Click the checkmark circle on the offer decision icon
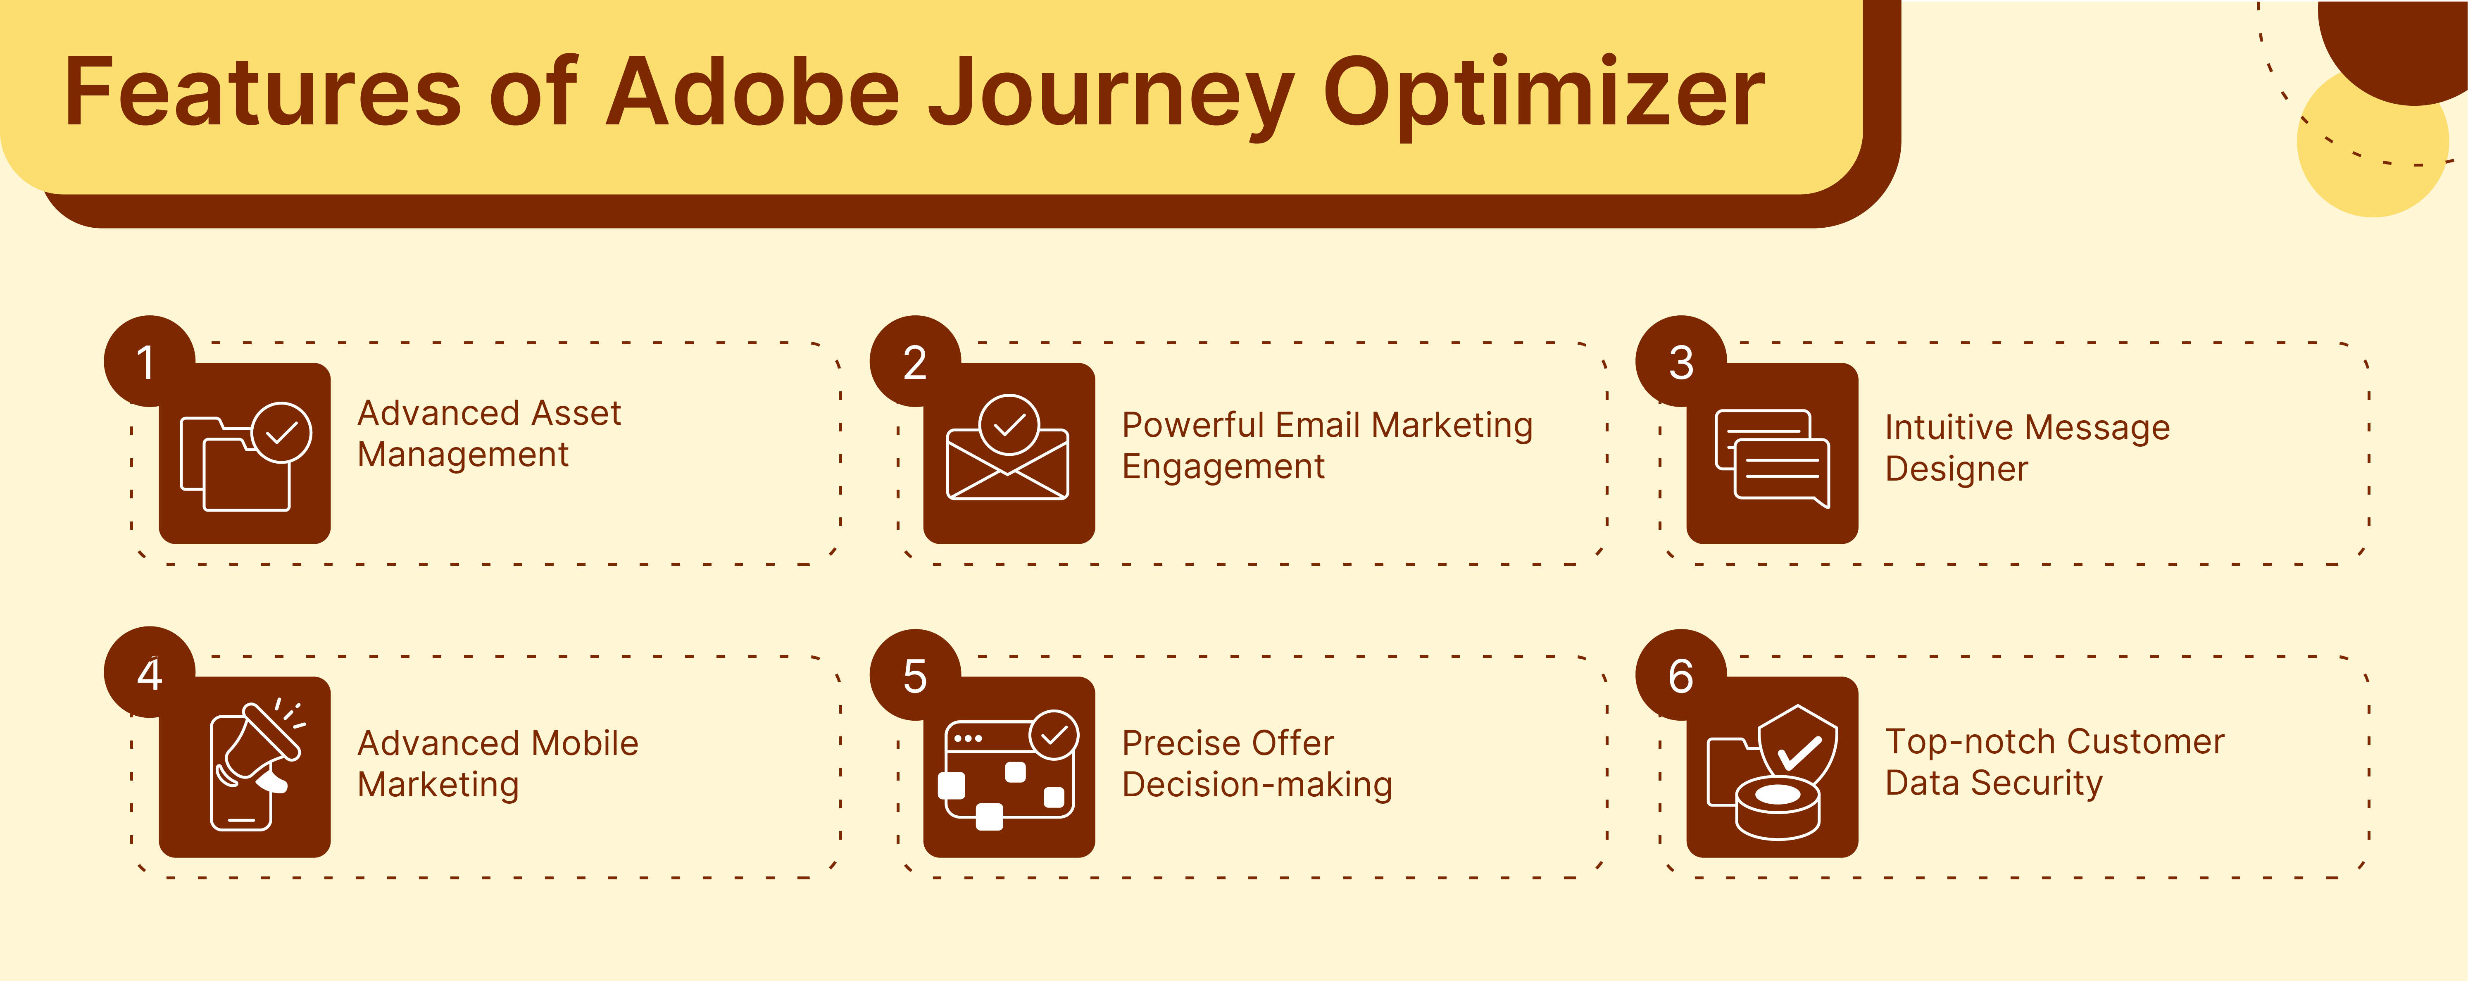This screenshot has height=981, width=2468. click(1054, 735)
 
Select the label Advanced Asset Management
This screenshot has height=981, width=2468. click(489, 433)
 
